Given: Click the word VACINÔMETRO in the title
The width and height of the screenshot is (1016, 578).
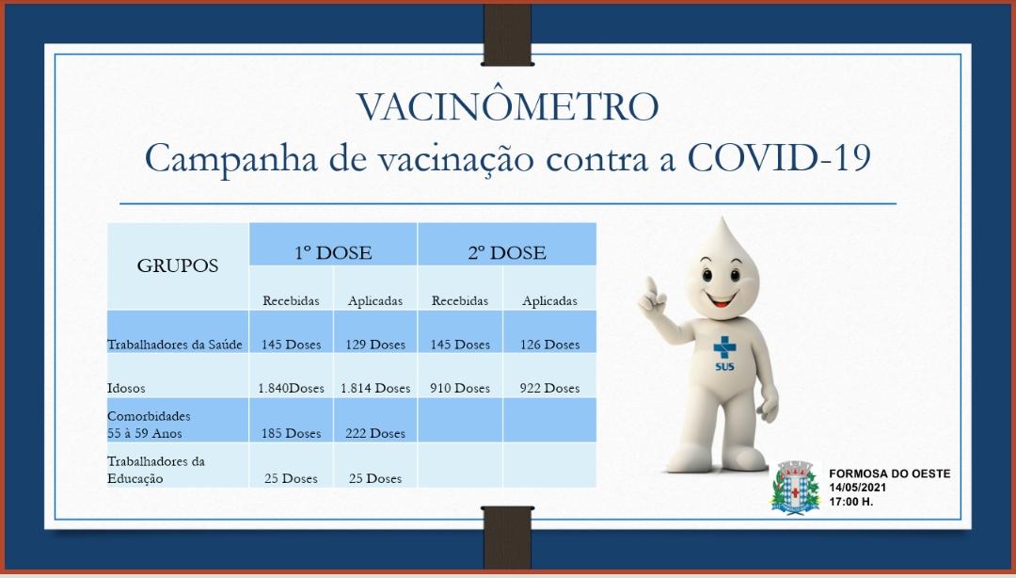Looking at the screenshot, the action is pos(507,107).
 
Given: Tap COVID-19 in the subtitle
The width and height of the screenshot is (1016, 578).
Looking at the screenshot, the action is pos(778,157).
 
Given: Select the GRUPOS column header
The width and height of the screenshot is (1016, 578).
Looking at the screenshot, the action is pos(178,265).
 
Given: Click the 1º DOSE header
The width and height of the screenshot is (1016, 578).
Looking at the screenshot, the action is pos(333,252).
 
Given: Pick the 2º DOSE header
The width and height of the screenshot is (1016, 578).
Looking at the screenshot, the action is pos(507,252).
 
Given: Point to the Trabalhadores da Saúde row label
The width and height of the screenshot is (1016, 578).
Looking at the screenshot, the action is pos(175,345).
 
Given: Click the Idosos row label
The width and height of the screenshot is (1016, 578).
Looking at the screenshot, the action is pos(126,389).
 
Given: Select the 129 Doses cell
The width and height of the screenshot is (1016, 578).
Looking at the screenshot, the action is pos(375,345).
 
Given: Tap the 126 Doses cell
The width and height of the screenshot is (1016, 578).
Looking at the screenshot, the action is pos(549,345).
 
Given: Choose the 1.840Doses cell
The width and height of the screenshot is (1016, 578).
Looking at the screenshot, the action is pos(291,389).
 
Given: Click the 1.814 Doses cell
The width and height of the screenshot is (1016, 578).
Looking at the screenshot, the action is pos(375,389).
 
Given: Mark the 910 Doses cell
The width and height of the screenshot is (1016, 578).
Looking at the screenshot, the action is pos(460,389).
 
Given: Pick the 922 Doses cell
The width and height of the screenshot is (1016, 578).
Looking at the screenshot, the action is pos(549,389).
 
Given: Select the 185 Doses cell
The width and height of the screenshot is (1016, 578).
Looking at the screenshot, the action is pos(291,433).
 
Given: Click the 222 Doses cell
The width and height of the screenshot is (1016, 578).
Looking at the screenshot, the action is pos(375,433).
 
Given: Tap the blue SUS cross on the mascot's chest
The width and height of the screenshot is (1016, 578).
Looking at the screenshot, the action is pos(724,347).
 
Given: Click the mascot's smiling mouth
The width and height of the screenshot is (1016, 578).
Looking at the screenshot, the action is pos(722,299).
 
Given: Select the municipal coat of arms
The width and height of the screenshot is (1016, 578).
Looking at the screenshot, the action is pos(795,488).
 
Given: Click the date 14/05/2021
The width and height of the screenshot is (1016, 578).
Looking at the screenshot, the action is pos(857,488).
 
